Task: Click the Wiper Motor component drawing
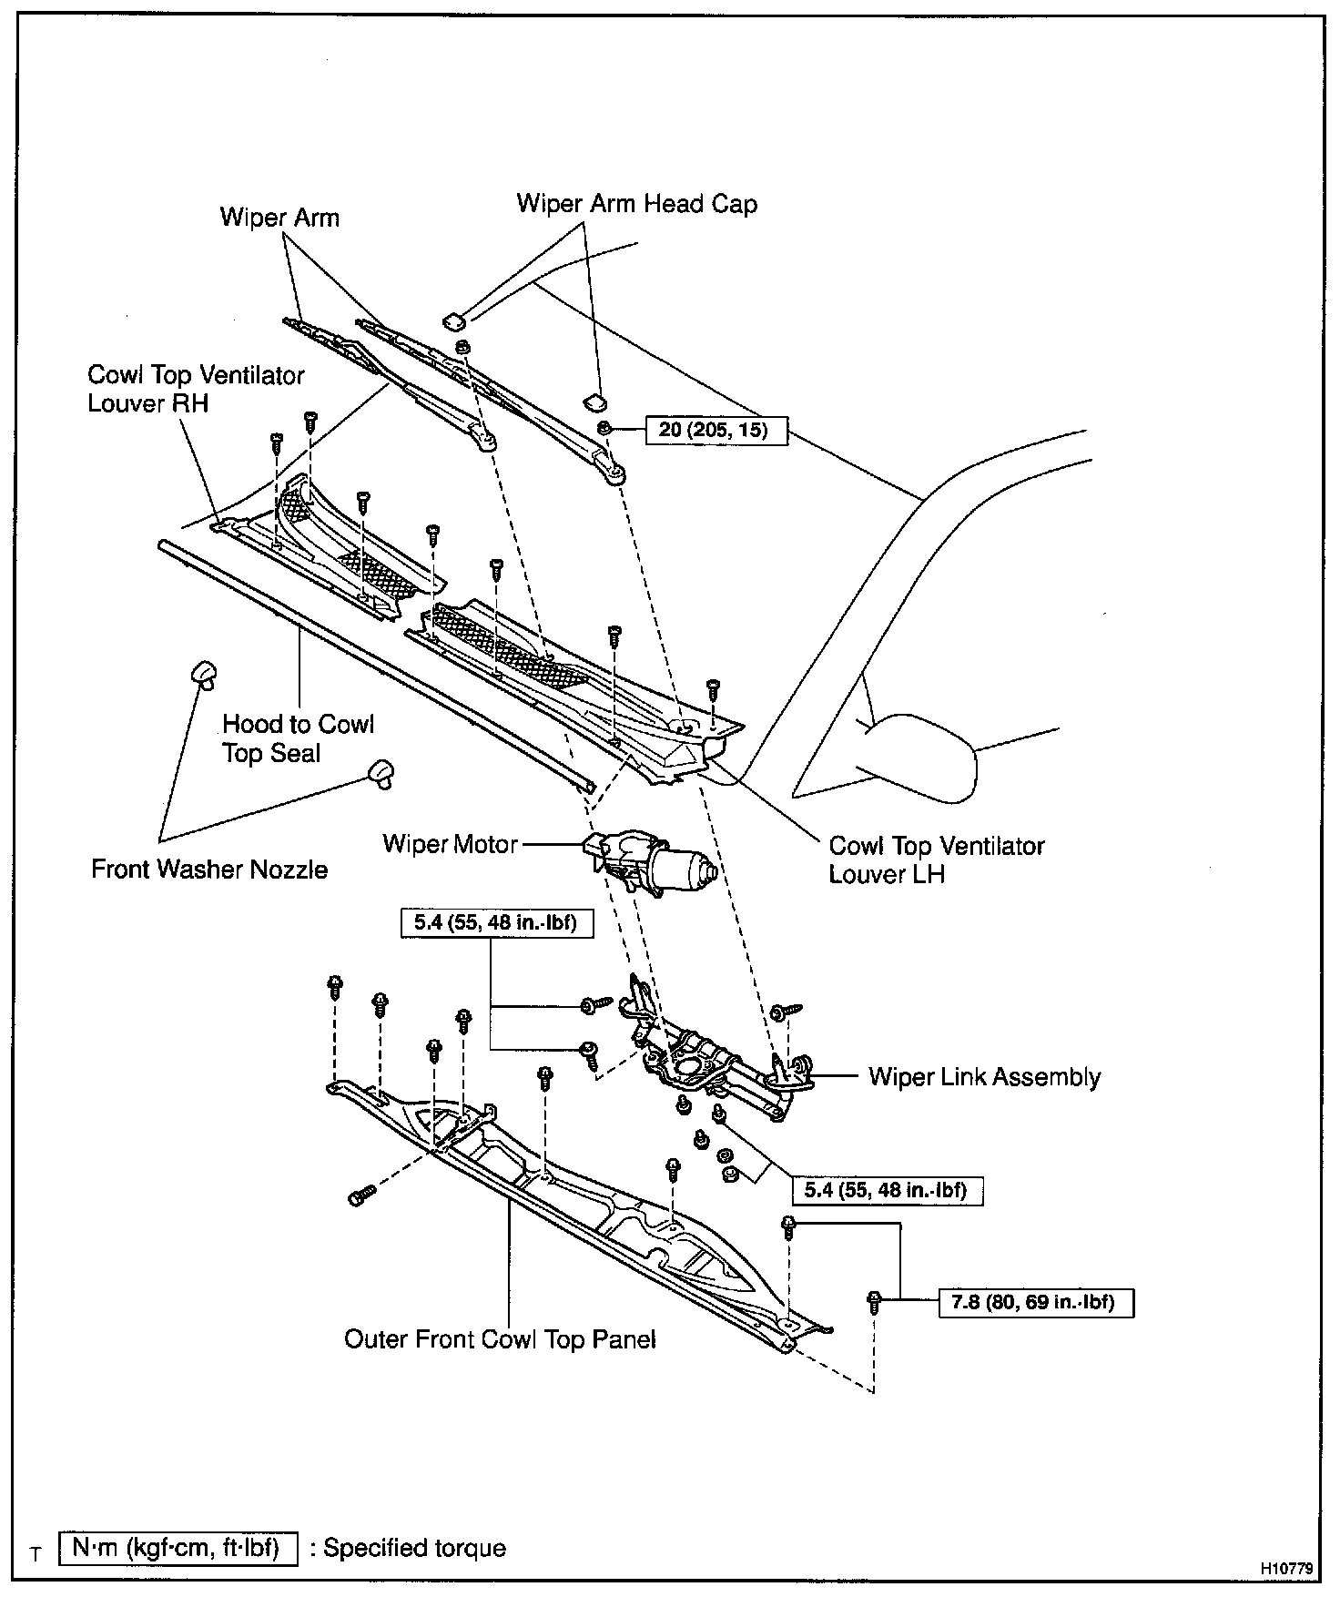(651, 863)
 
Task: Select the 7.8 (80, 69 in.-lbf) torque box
(1036, 1303)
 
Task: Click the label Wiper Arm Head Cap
(636, 203)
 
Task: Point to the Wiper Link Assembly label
(984, 1077)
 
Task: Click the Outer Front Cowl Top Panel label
(500, 1339)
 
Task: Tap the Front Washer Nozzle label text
(209, 870)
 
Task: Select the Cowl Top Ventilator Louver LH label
(936, 860)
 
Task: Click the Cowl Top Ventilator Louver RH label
(196, 389)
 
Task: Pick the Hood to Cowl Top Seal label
(298, 738)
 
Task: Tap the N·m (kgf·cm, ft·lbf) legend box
(178, 1547)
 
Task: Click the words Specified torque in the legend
(414, 1548)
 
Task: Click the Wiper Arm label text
(279, 218)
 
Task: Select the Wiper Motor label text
(450, 844)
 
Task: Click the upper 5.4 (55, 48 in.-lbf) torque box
(497, 923)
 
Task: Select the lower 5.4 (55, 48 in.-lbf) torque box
(885, 1190)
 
